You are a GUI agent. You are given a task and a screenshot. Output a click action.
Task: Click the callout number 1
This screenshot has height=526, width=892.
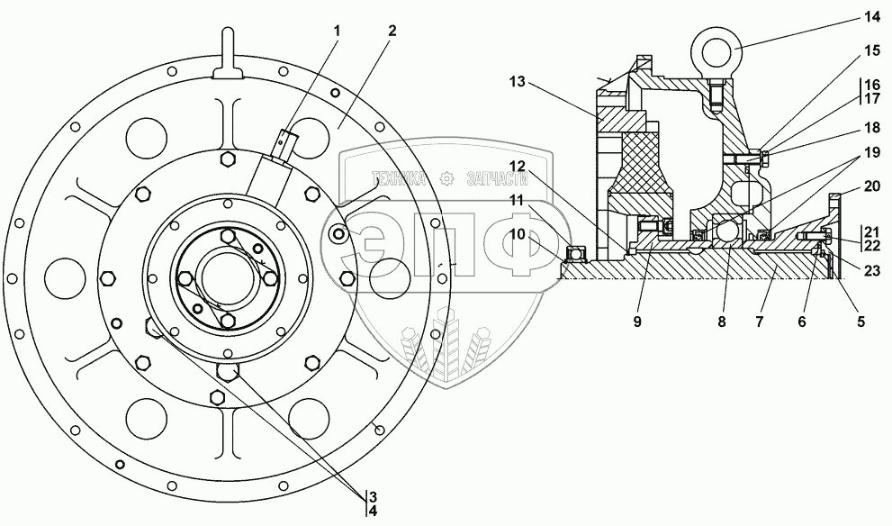pyautogui.click(x=338, y=32)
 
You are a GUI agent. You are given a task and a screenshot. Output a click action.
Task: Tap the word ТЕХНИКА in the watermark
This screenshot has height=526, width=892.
pyautogui.click(x=401, y=179)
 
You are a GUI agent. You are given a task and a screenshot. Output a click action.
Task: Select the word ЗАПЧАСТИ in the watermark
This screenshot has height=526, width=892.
pyautogui.click(x=496, y=179)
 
